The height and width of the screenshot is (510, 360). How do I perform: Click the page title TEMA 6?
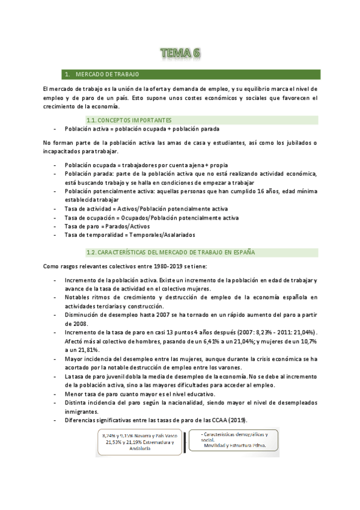(180, 54)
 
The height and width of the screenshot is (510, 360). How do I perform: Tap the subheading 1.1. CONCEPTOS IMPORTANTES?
(129, 120)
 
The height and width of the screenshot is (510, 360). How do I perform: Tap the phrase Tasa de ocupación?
(91, 217)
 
